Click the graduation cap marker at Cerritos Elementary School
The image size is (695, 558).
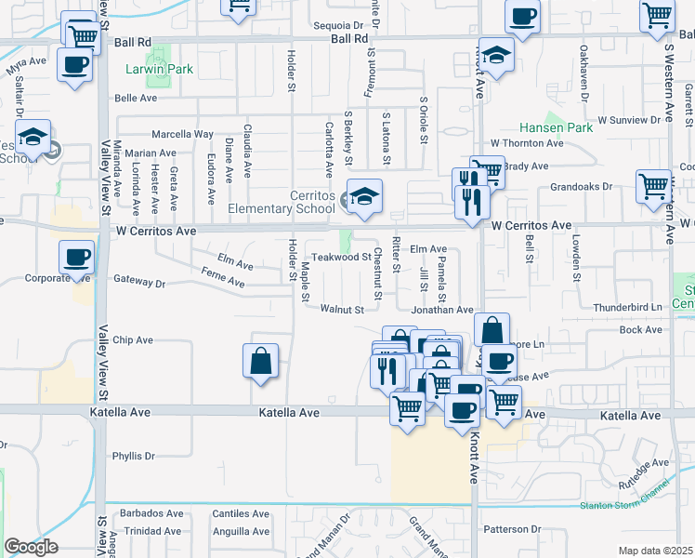point(365,196)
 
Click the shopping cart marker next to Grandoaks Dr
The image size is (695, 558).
point(652,186)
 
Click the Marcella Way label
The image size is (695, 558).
point(176,134)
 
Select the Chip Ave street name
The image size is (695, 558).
point(133,340)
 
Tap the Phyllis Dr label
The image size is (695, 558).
point(133,456)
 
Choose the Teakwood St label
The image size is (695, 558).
point(341,257)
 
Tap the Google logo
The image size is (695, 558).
point(31,546)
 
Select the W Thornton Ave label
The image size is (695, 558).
point(527,143)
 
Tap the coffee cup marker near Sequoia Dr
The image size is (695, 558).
point(522,16)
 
